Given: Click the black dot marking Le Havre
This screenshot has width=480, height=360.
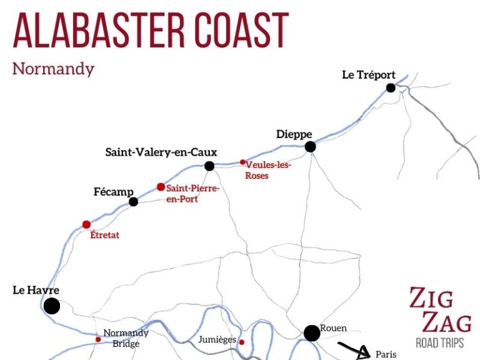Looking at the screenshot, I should [52, 306].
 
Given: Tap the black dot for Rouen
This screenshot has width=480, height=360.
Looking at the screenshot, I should [311, 333].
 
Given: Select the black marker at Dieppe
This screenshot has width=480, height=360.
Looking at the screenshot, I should [310, 147].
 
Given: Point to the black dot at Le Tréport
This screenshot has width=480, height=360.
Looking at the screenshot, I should [391, 88].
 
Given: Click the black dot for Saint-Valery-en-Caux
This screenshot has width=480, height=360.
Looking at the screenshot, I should [209, 166].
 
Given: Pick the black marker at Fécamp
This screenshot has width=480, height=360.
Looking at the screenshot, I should [133, 201].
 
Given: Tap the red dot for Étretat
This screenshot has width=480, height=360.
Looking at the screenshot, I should [86, 224].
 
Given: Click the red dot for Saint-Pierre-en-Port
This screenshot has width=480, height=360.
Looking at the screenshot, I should [161, 187].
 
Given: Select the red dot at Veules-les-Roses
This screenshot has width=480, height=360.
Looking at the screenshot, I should [242, 162].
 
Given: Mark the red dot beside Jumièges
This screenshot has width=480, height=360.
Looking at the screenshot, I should [242, 342].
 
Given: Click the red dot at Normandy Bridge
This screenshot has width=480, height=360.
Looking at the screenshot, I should [98, 339].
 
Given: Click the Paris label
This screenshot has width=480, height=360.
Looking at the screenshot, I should [386, 354].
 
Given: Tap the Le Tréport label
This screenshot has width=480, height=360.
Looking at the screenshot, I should [369, 75].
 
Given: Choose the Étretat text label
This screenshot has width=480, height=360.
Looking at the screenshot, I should [104, 236].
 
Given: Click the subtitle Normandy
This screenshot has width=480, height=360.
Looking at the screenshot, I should [53, 68].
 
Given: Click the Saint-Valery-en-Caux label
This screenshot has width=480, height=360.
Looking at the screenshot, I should [161, 152].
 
